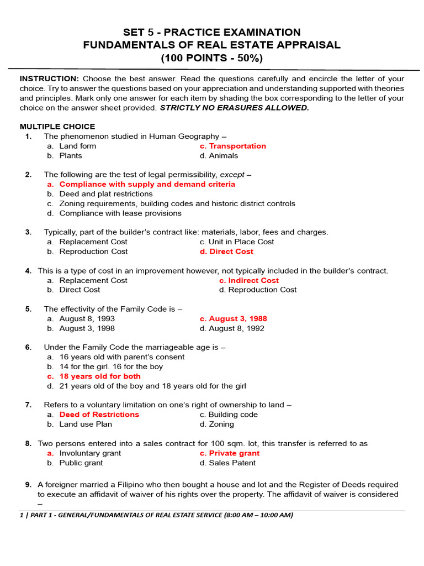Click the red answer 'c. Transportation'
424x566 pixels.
coord(232,146)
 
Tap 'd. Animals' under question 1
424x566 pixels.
coord(219,156)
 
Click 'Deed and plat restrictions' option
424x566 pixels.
coord(106,194)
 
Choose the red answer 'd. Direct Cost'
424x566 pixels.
coord(226,251)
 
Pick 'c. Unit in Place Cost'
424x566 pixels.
coord(237,242)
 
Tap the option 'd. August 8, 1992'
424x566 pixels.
coord(232,328)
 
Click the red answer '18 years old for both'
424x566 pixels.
coord(100,376)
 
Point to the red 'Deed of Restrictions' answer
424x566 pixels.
coord(99,415)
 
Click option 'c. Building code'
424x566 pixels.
coord(229,415)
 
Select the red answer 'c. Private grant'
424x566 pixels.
coord(230,453)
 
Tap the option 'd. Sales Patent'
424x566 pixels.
coord(227,463)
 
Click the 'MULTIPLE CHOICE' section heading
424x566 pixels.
coord(57,127)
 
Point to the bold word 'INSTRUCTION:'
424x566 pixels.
coord(50,78)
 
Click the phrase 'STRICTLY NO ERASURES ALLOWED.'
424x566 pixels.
coord(235,108)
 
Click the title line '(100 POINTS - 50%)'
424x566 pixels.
coord(212,57)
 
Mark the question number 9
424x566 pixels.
coord(28,485)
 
